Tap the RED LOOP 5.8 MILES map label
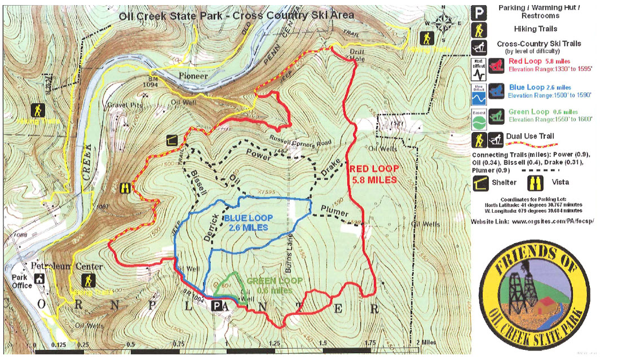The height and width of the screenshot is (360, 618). (x=373, y=173)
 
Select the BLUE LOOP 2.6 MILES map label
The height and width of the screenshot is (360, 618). (x=248, y=223)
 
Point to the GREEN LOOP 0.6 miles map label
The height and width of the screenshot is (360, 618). (x=275, y=285)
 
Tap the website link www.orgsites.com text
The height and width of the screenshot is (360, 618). (x=553, y=221)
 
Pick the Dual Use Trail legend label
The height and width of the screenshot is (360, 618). (x=531, y=136)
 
